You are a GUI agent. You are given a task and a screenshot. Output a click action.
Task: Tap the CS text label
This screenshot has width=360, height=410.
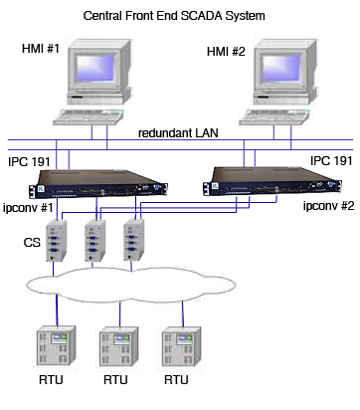(x=33, y=242)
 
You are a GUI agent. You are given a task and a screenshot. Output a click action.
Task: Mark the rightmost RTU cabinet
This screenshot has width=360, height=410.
(x=179, y=348)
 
